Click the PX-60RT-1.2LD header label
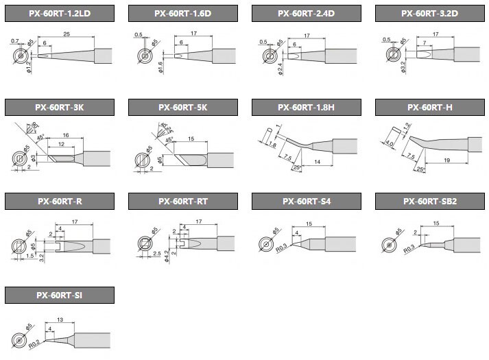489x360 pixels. click(59, 13)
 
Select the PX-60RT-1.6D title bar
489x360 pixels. click(183, 13)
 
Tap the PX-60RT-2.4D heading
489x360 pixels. click(307, 13)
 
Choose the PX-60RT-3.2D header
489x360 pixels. click(430, 13)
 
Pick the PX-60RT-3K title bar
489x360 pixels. click(59, 107)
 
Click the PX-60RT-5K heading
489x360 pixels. click(183, 107)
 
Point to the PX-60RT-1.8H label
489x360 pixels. click(307, 107)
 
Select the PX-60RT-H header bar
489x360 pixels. click(430, 107)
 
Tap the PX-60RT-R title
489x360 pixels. click(59, 201)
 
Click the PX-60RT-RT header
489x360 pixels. click(183, 201)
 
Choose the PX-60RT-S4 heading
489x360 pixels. click(307, 201)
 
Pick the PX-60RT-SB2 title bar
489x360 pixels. click(430, 201)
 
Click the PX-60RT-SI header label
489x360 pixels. click(59, 295)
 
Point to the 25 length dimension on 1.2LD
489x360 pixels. click(66, 34)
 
